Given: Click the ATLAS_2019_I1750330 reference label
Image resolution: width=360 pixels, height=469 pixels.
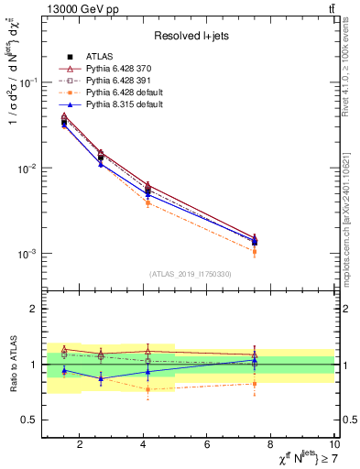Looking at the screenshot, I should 191,274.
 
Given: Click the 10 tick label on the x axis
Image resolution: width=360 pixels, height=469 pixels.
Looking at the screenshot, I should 333,445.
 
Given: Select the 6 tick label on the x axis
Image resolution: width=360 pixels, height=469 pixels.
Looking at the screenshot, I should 207,445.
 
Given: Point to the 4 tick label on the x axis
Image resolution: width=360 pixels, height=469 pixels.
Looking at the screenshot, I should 144,445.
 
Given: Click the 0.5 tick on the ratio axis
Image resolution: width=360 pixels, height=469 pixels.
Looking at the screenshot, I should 29,420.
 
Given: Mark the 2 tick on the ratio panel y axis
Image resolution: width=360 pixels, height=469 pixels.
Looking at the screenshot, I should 33,309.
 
